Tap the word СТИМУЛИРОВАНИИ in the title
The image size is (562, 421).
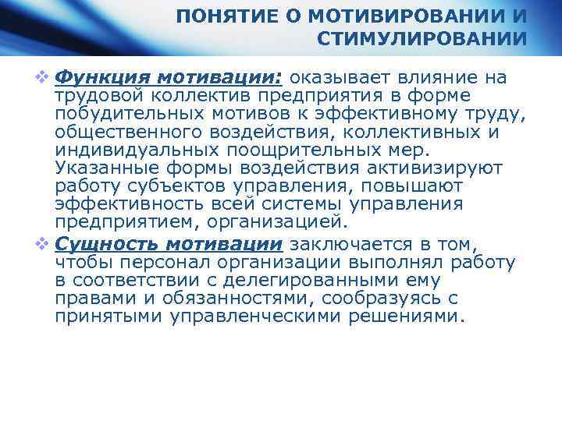tap(421, 39)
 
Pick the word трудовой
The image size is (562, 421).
tap(98, 95)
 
